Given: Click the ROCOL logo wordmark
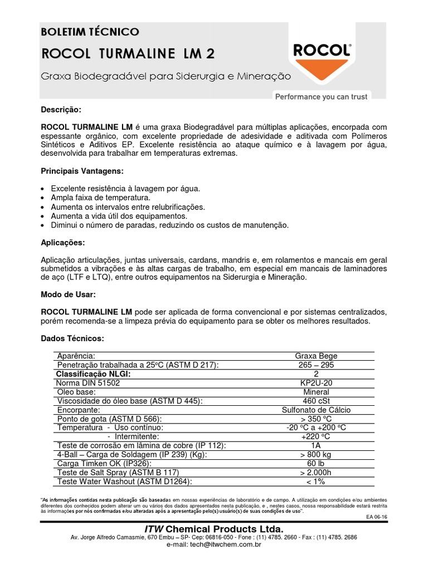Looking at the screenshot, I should pyautogui.click(x=322, y=51).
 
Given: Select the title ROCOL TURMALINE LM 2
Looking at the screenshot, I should pyautogui.click(x=128, y=53).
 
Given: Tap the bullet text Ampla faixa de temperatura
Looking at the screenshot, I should pyautogui.click(x=100, y=198).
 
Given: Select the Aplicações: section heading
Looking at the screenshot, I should pyautogui.click(x=63, y=243).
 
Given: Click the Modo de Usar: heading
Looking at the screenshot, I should pyautogui.click(x=68, y=294).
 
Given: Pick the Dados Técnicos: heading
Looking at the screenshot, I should pyautogui.click(x=72, y=338).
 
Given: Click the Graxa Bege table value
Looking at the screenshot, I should pyautogui.click(x=316, y=356).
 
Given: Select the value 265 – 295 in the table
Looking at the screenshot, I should pyautogui.click(x=316, y=365).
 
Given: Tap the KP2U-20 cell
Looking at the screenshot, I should pyautogui.click(x=316, y=383).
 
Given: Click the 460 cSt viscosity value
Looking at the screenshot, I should pyautogui.click(x=316, y=401).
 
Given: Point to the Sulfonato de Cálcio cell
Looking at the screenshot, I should pyautogui.click(x=316, y=410).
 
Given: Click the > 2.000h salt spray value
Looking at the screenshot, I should pyautogui.click(x=316, y=473).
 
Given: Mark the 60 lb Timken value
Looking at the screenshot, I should pyautogui.click(x=316, y=464).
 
